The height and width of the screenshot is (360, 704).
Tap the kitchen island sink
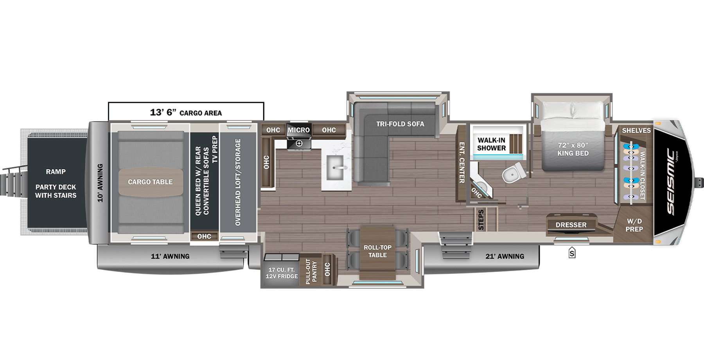[336, 168]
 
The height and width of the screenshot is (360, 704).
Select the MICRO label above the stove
[299, 130]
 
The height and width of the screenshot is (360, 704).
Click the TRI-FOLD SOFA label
[400, 124]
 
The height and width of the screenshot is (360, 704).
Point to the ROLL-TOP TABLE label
[377, 251]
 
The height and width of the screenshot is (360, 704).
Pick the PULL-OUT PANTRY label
[311, 271]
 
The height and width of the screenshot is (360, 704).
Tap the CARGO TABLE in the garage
[150, 182]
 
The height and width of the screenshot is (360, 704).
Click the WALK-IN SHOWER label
[492, 144]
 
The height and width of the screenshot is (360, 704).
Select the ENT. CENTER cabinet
[462, 163]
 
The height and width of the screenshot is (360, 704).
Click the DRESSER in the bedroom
[571, 225]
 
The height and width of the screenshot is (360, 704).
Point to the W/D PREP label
[634, 225]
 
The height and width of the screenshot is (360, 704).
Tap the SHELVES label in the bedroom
[636, 131]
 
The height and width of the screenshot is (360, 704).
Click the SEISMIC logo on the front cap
[671, 182]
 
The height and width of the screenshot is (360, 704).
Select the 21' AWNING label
[505, 256]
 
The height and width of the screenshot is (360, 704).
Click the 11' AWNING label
[170, 256]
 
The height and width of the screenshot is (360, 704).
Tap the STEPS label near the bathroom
[481, 220]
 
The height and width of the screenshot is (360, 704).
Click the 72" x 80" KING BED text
[573, 149]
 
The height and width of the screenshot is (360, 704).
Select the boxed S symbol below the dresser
[572, 253]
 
